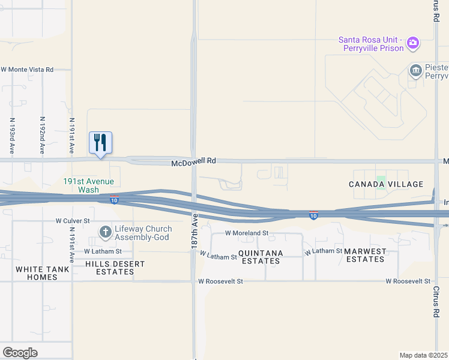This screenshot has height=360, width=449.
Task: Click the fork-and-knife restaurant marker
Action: click(x=101, y=143)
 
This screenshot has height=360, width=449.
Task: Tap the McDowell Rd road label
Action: click(x=193, y=161)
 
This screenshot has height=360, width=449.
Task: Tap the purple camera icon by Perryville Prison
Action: click(x=412, y=42)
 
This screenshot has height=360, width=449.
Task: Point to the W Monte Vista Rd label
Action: click(x=27, y=70)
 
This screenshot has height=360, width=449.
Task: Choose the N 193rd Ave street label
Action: click(x=11, y=135)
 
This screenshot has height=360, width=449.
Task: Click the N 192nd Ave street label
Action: click(x=42, y=135)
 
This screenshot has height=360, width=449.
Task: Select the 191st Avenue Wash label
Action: click(x=88, y=185)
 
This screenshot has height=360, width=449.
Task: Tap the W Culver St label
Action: click(x=73, y=221)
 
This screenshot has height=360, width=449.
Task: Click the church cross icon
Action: click(x=105, y=232)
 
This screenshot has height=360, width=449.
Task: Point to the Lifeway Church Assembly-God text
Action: click(x=145, y=233)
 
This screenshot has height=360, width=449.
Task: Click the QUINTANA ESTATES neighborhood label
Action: click(x=261, y=257)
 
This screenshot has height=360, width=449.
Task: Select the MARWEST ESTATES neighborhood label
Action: click(x=365, y=255)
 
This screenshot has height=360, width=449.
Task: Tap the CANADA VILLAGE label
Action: click(x=386, y=184)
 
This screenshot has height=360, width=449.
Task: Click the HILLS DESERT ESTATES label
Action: click(x=110, y=268)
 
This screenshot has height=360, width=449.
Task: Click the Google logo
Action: click(x=20, y=353)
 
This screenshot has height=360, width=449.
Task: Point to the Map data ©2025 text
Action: click(x=424, y=355)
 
